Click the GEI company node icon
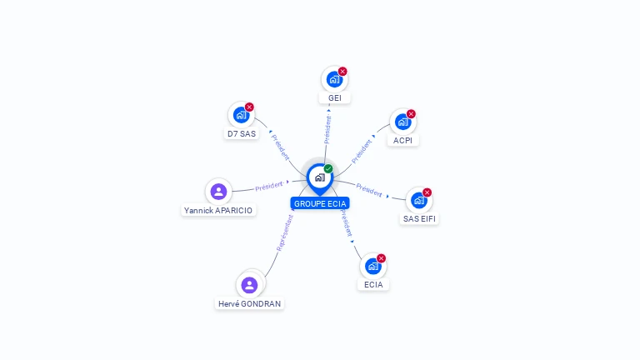(x=334, y=80)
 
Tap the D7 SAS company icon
(x=241, y=115)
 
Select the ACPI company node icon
(x=402, y=122)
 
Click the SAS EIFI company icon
(x=418, y=200)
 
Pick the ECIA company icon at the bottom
(x=372, y=267)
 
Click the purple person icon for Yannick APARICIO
(x=218, y=192)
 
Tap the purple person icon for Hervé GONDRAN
(x=249, y=286)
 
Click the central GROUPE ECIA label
(x=320, y=203)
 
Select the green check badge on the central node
(x=328, y=168)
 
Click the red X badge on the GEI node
(x=342, y=72)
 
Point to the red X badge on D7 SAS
(x=249, y=107)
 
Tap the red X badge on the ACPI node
(x=411, y=113)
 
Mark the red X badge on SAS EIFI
(x=427, y=192)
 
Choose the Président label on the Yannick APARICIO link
(x=269, y=186)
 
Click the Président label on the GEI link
(x=327, y=130)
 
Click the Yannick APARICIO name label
(x=218, y=211)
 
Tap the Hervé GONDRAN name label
(x=249, y=304)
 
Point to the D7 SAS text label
(x=242, y=133)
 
